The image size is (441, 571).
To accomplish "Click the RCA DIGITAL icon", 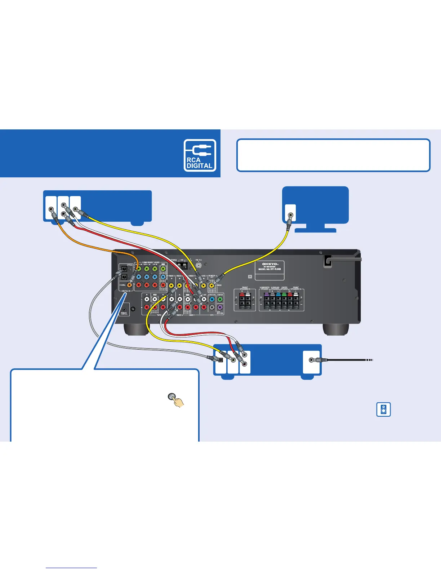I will point(200,155).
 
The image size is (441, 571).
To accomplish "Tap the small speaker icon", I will point(383,410).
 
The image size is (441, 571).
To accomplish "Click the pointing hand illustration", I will point(176,400).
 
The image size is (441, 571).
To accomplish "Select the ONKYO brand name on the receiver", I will point(269,264).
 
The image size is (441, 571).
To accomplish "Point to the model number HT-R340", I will point(269,269).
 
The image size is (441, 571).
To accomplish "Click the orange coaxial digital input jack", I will point(129,285).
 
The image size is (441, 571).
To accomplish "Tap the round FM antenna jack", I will point(198,264).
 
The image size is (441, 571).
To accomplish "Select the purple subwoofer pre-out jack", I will point(220,307).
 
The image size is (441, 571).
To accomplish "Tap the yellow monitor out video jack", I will point(212,285).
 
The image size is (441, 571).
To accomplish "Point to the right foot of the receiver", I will point(335,329).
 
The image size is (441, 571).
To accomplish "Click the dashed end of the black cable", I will point(369,360).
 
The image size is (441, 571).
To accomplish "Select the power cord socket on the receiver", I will point(328,261).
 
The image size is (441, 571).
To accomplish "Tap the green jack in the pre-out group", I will point(220,299).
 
